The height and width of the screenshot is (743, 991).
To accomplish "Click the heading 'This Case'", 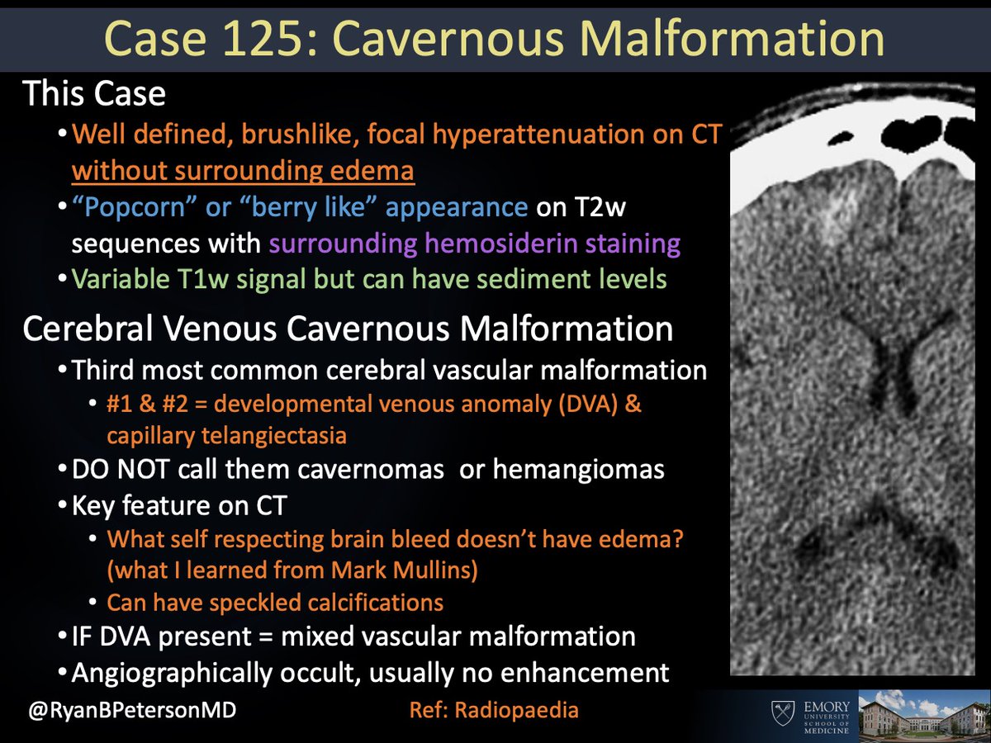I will (x=94, y=94).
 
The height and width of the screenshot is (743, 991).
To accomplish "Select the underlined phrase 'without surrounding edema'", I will (x=243, y=171).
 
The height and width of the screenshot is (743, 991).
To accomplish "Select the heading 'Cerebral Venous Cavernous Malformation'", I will (x=348, y=329).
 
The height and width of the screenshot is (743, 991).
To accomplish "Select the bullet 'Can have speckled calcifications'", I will (x=275, y=603).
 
